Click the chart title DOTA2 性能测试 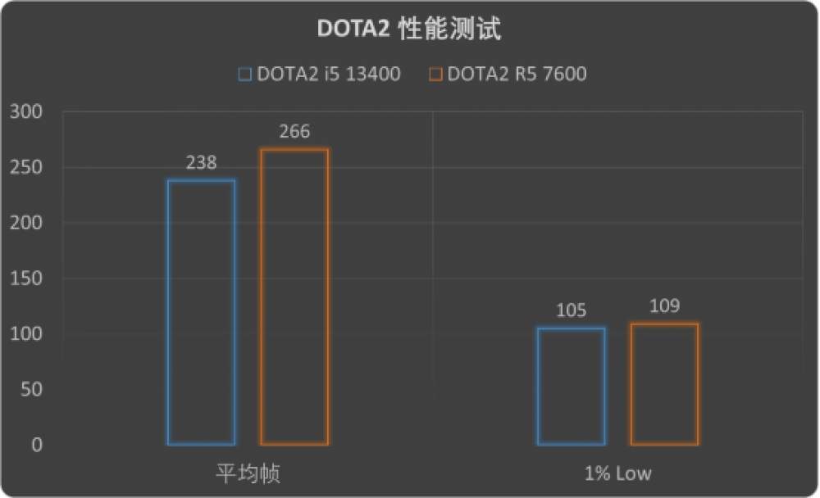[x=408, y=30]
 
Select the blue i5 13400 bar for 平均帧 [x=201, y=312]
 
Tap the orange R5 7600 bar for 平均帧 [x=294, y=297]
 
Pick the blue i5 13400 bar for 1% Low [x=572, y=387]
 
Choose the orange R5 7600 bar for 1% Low [x=664, y=384]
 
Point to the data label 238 [x=201, y=163]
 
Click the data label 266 [x=294, y=132]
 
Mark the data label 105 [x=572, y=311]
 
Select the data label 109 [x=664, y=307]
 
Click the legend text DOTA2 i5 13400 [x=328, y=75]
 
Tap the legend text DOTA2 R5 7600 [x=517, y=75]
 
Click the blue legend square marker [x=244, y=75]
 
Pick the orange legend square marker [x=435, y=75]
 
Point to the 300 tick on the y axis [x=27, y=112]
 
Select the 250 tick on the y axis [x=27, y=168]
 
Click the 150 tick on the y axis [x=27, y=278]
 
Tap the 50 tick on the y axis [x=31, y=390]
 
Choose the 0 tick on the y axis [x=36, y=446]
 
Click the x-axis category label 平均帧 [x=248, y=474]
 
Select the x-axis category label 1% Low [x=618, y=474]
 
